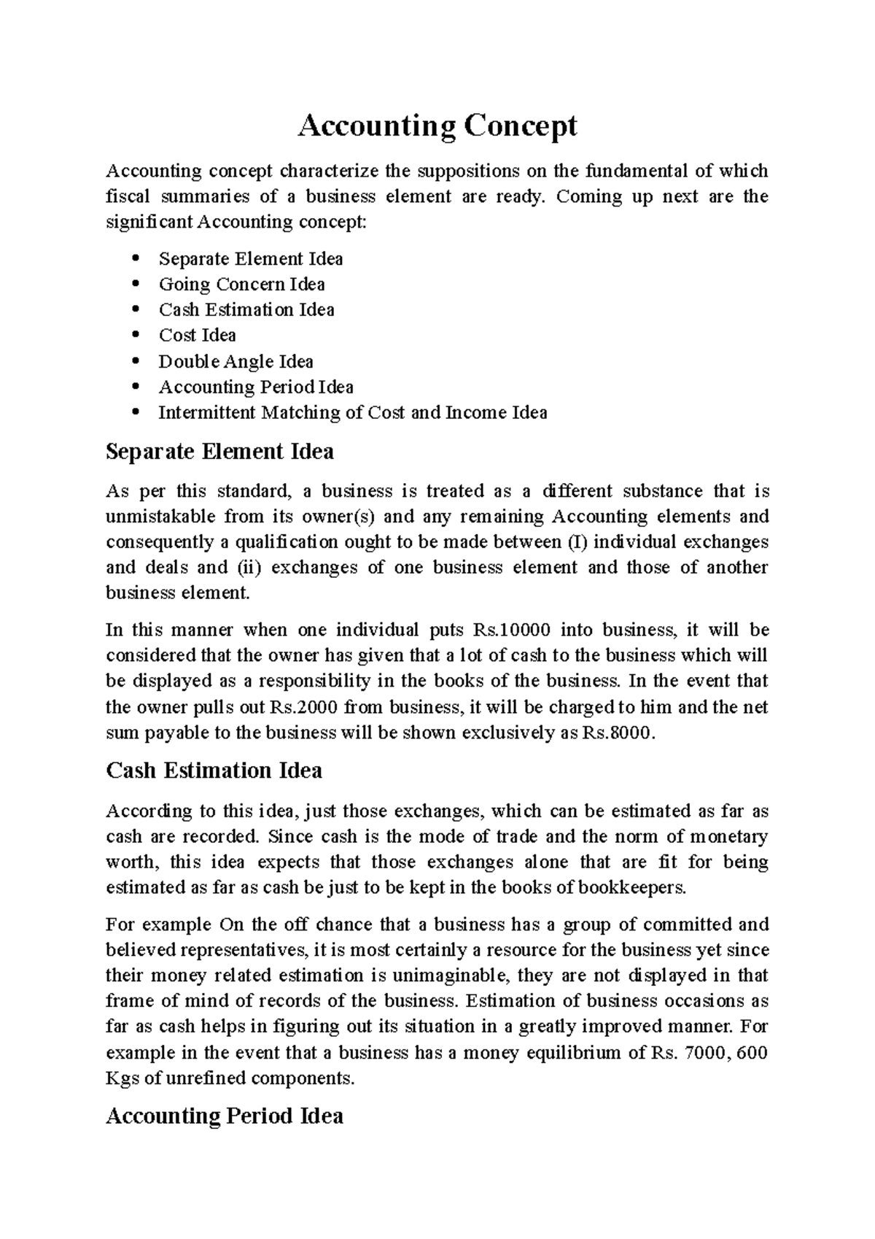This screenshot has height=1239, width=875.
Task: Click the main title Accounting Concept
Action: [437, 126]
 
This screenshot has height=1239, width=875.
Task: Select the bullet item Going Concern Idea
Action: [241, 284]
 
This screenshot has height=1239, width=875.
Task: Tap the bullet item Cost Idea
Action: [197, 335]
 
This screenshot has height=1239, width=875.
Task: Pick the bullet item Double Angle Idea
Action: [236, 361]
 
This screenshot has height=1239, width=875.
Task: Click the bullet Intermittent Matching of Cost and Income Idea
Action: [352, 412]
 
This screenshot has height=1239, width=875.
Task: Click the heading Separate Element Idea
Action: [219, 452]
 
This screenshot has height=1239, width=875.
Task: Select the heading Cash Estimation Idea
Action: [214, 771]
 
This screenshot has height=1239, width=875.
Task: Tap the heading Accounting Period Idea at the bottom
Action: [224, 1116]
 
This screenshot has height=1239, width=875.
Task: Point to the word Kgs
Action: [122, 1078]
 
